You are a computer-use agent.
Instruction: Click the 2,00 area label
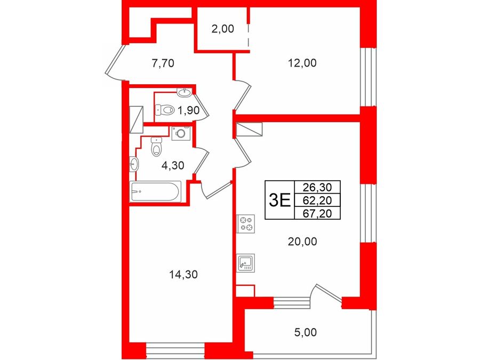(x=222, y=29)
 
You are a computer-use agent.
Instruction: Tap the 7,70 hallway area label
(x=163, y=63)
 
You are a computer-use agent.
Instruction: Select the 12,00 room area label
(x=302, y=63)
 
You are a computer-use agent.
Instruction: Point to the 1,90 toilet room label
(x=189, y=110)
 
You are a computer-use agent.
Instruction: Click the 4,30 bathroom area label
(x=173, y=166)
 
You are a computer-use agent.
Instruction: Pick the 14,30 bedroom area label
(x=183, y=275)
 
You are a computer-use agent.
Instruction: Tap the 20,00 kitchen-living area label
(x=302, y=242)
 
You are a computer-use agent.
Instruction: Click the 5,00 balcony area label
(x=306, y=332)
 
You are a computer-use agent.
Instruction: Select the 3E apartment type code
(x=279, y=201)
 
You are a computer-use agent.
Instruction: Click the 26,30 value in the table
(x=317, y=187)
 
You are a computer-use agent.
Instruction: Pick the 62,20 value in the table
(x=317, y=200)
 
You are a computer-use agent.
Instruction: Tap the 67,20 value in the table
(x=317, y=213)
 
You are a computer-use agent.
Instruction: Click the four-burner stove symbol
(x=246, y=223)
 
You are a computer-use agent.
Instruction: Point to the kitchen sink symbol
(x=246, y=263)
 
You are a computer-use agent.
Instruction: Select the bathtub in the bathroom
(x=155, y=191)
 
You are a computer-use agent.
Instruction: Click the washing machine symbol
(x=181, y=133)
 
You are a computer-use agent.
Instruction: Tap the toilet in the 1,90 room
(x=165, y=109)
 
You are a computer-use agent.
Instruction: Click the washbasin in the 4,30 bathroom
(x=134, y=164)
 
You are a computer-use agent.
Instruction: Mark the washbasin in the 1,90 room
(x=185, y=92)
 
